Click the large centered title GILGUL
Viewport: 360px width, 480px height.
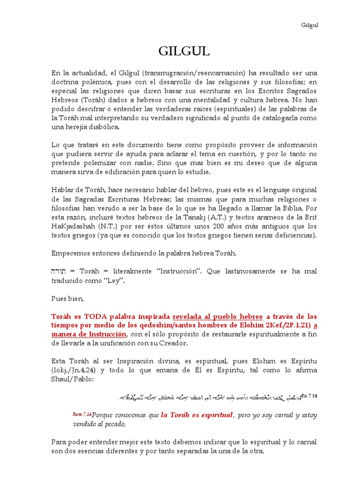point(180,52)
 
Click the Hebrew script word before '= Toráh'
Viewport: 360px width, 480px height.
point(59,271)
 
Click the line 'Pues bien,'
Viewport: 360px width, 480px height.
point(65,298)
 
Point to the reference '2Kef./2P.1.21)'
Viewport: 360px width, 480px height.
point(287,325)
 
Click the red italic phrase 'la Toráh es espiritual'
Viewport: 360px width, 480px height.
point(197,415)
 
